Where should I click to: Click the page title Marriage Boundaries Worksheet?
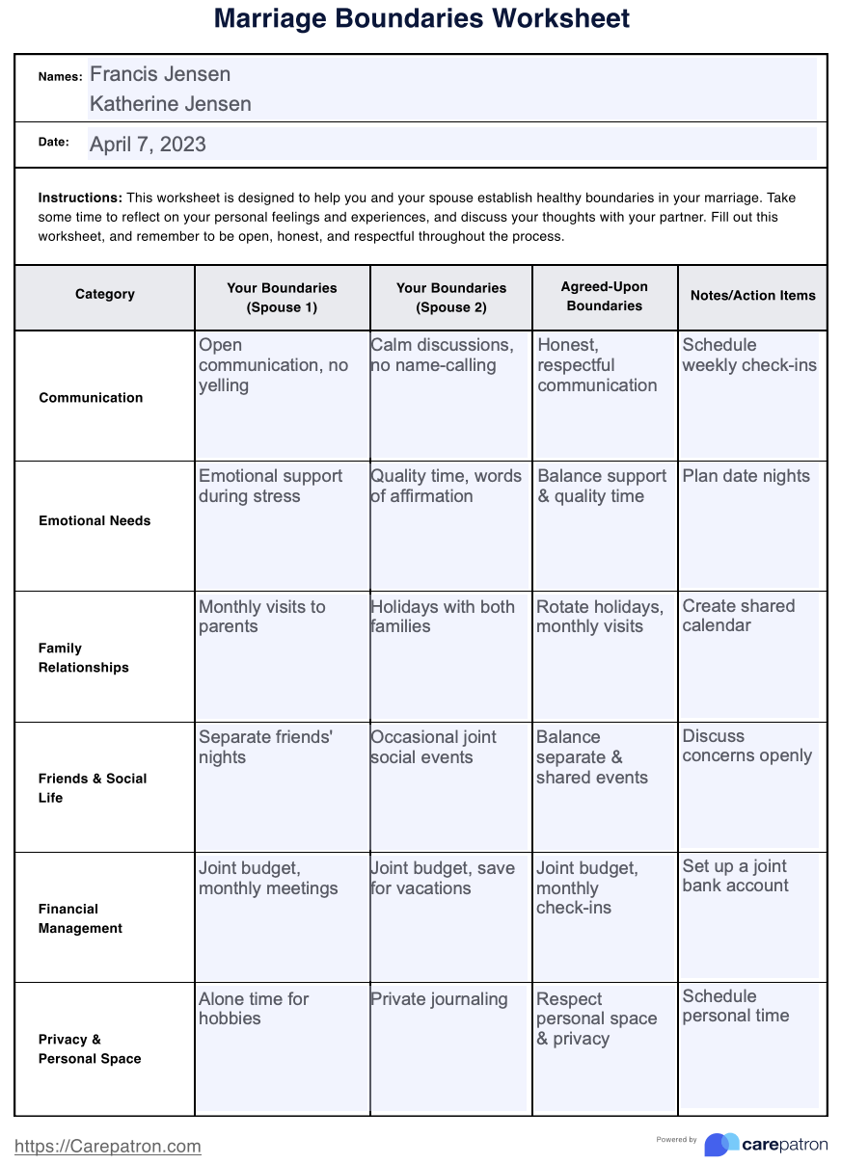pos(421,18)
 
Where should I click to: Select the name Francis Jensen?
pos(160,74)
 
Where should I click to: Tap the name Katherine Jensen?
pos(171,104)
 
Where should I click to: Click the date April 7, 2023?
pos(148,145)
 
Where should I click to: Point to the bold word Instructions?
pos(80,198)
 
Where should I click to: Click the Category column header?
pos(105,294)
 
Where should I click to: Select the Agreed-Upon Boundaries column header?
pos(605,296)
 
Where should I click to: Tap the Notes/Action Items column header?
pos(752,296)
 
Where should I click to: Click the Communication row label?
pos(91,397)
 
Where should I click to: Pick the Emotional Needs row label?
pos(95,520)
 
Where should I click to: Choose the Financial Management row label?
pos(81,918)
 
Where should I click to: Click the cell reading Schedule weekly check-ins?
pos(749,356)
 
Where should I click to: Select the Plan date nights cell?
pos(746,476)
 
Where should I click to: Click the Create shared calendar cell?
pos(739,616)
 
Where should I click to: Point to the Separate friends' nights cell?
pos(265,747)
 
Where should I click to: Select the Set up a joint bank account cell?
pos(736,876)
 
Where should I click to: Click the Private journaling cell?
pos(439,999)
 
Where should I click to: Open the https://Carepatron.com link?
pos(108,1146)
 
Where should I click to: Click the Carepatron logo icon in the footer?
pos(720,1144)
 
